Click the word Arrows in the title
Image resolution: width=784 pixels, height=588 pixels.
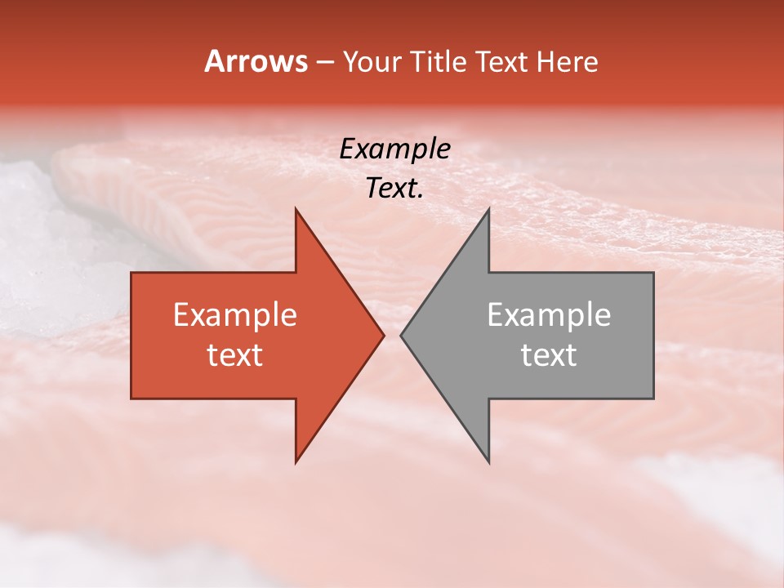coord(256,62)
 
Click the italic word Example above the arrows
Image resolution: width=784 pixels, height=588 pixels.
coord(394,149)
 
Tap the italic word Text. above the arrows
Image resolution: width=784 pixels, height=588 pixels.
coord(394,189)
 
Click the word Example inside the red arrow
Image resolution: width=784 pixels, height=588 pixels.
coord(234,315)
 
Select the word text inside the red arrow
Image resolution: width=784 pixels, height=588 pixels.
coord(234,354)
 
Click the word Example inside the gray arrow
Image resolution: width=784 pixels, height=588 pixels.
coord(549,315)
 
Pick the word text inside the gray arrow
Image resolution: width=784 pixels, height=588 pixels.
coord(549,354)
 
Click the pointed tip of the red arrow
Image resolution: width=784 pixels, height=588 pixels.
coord(384,335)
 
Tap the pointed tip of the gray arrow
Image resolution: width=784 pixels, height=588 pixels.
coord(401,335)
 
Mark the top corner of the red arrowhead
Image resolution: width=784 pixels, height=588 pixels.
coord(296,209)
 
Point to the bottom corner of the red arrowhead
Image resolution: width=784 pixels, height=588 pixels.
coord(296,462)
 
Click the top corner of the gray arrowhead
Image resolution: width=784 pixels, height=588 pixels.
coord(488,209)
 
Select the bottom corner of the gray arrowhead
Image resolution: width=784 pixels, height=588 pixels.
coord(488,462)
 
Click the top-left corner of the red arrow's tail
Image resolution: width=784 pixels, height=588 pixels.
coord(131,273)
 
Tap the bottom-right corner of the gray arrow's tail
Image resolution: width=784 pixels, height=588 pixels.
coord(653,398)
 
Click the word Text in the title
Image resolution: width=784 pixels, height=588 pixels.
coord(502,62)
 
